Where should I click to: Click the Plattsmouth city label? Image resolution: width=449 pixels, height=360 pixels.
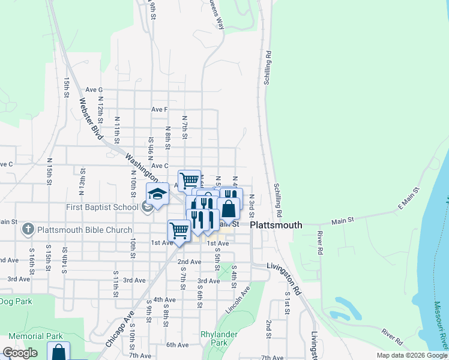pyautogui.click(x=276, y=225)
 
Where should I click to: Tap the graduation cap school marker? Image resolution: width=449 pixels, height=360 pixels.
pyautogui.click(x=157, y=194)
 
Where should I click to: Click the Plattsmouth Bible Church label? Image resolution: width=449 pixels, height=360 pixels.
pyautogui.click(x=85, y=230)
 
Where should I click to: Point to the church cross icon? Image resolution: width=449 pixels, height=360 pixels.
pyautogui.click(x=28, y=229)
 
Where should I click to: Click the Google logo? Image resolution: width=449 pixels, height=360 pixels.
pyautogui.click(x=20, y=353)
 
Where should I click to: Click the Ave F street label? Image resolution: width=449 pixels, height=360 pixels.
pyautogui.click(x=159, y=109)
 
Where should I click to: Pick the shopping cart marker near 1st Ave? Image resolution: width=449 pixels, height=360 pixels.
pyautogui.click(x=179, y=230)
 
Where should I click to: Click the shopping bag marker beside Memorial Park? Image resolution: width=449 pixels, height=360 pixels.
pyautogui.click(x=58, y=352)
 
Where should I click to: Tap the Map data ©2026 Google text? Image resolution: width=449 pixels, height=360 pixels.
pyautogui.click(x=412, y=355)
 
